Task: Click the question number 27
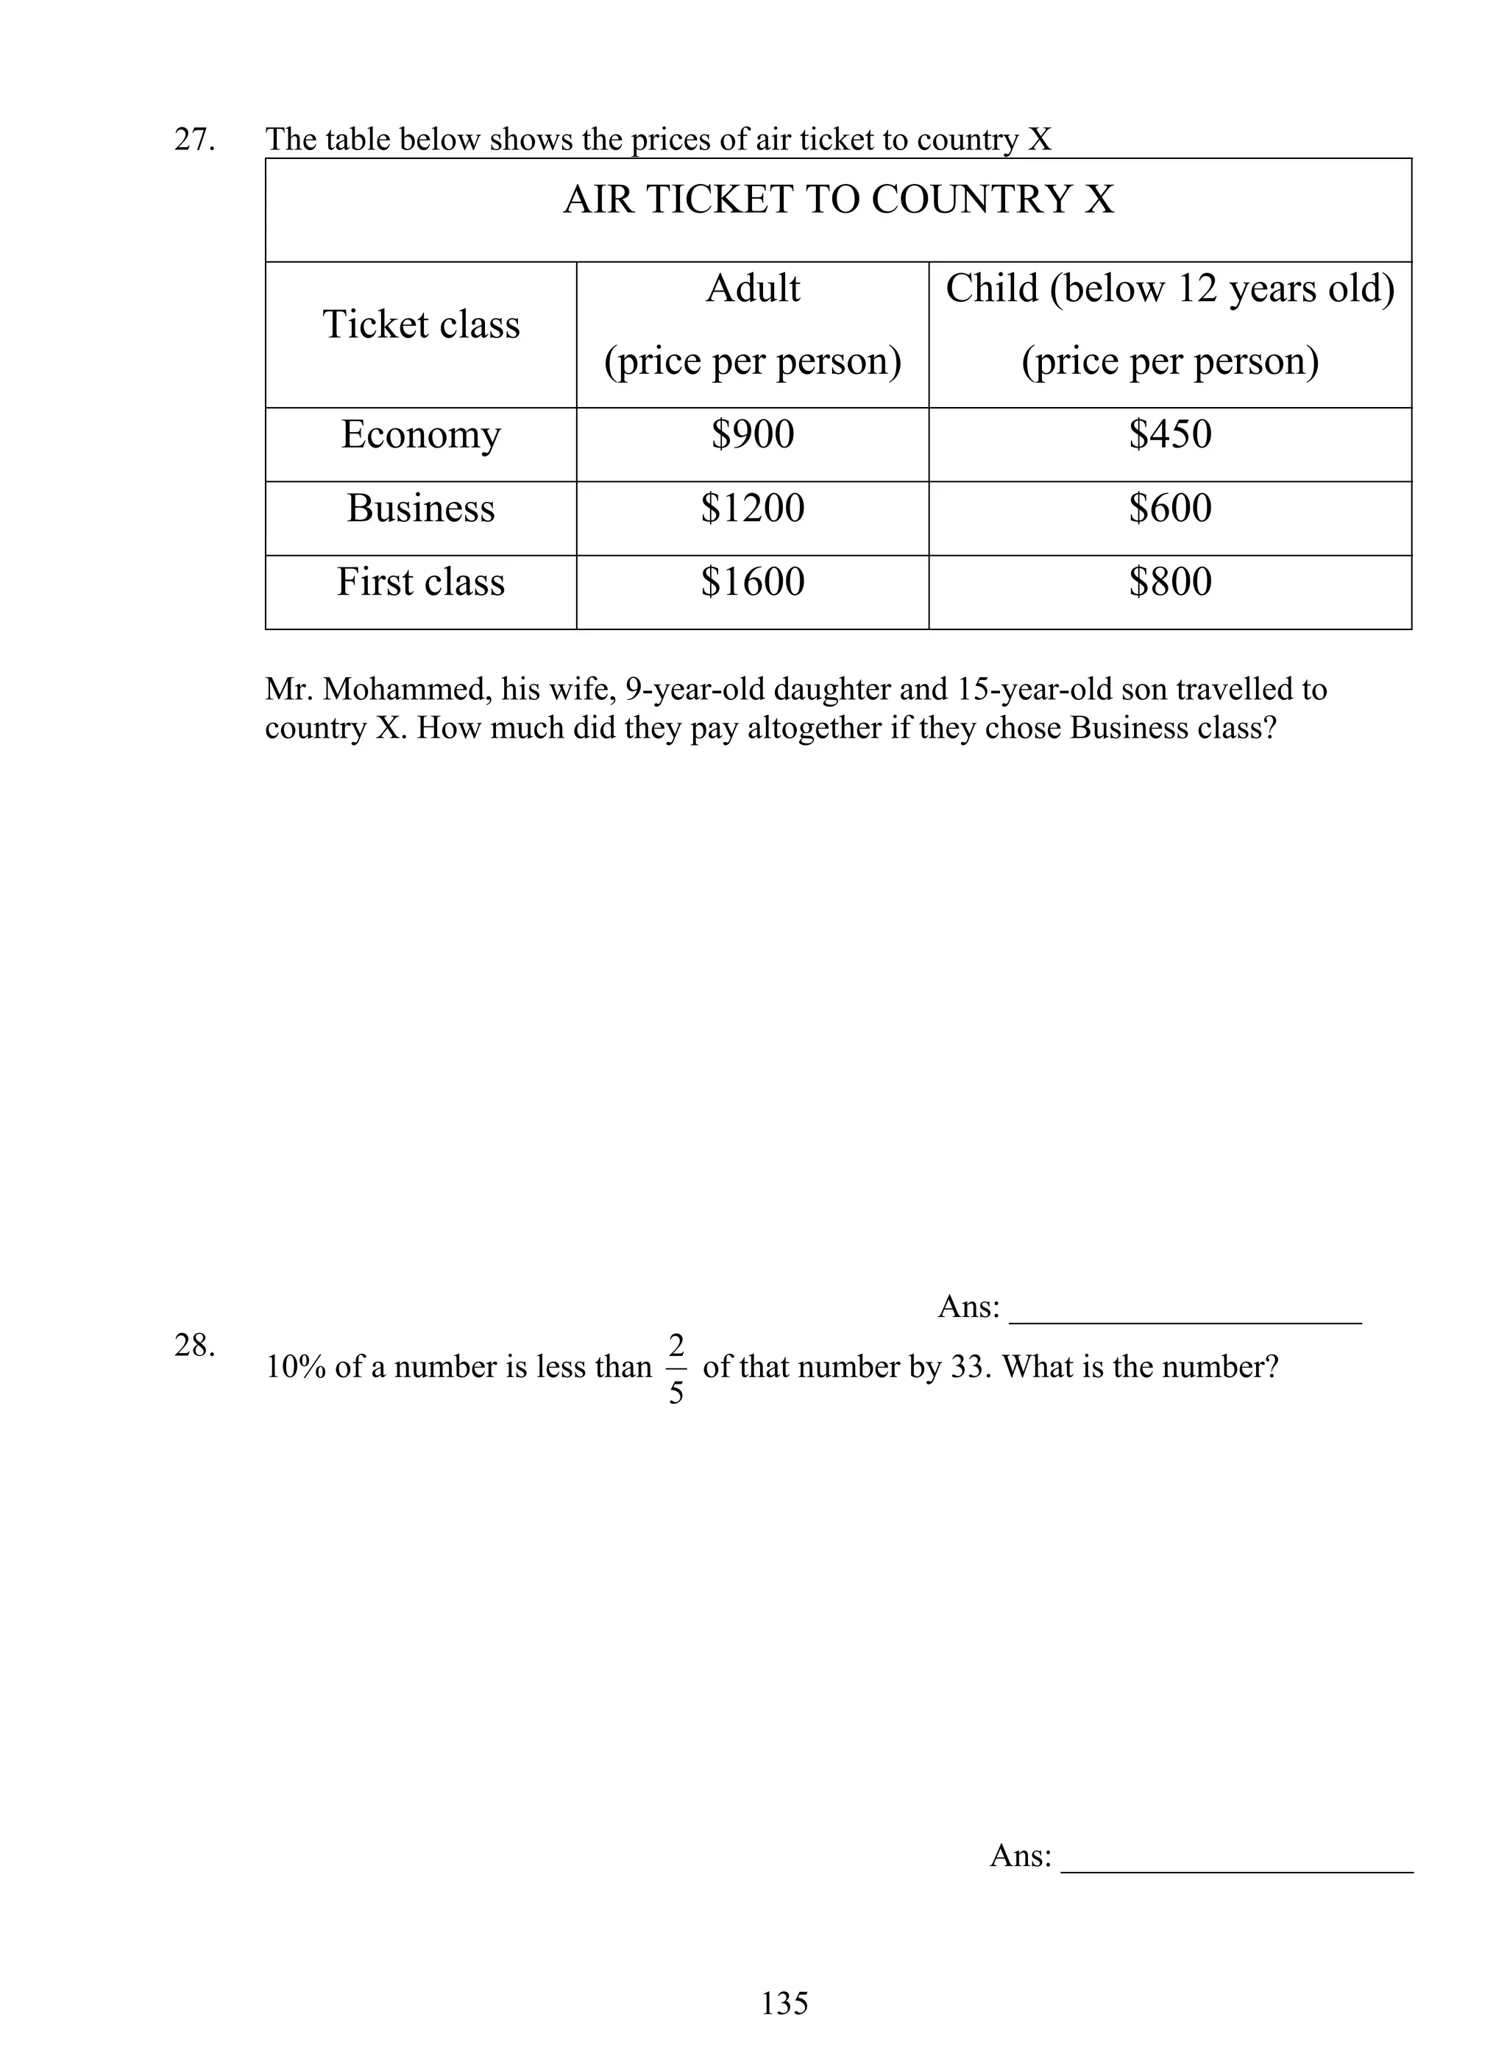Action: (194, 140)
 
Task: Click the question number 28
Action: (194, 1346)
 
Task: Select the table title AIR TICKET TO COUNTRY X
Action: (838, 199)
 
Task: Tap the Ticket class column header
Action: (421, 325)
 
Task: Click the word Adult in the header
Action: (753, 289)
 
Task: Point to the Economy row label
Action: (421, 435)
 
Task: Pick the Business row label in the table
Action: (421, 508)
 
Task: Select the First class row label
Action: (421, 582)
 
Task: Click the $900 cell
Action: (753, 434)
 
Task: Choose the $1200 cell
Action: (753, 508)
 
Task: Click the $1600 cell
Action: (753, 582)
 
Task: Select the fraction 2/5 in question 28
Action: (676, 1368)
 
